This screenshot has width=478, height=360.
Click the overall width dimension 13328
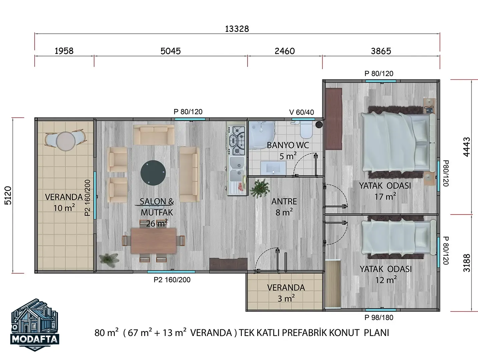pyautogui.click(x=237, y=29)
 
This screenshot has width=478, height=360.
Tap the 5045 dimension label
pyautogui.click(x=170, y=51)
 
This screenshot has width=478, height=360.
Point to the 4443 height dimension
pyautogui.click(x=466, y=147)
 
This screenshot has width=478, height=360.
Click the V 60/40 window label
pyautogui.click(x=302, y=112)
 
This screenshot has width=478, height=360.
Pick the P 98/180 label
pyautogui.click(x=379, y=318)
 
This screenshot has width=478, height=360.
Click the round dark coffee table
pyautogui.click(x=153, y=173)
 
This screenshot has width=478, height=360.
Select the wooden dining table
pyautogui.click(x=154, y=241)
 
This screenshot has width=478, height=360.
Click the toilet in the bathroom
pyautogui.click(x=306, y=130)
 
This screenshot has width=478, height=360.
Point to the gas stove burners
pyautogui.click(x=236, y=141)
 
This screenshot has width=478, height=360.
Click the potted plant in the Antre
pyautogui.click(x=260, y=188)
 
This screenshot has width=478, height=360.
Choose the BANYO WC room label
pyautogui.click(x=288, y=145)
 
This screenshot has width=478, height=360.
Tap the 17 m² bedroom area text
pyautogui.click(x=385, y=197)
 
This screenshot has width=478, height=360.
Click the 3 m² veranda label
pyautogui.click(x=286, y=298)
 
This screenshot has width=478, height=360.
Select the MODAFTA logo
pyautogui.click(x=35, y=325)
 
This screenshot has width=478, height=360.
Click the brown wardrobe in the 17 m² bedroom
pyautogui.click(x=334, y=119)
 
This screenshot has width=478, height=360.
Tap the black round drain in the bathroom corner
pyautogui.click(x=319, y=125)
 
